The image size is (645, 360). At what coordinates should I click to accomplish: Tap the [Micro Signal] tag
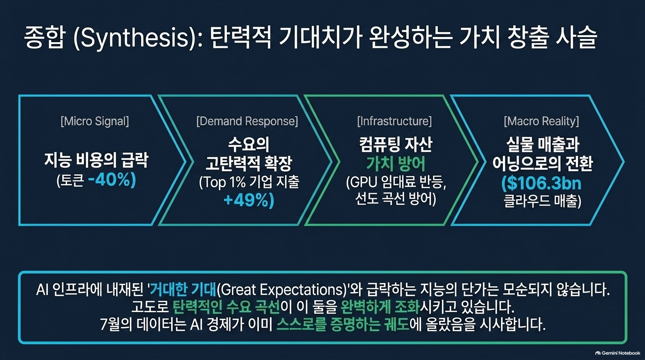tap(95, 121)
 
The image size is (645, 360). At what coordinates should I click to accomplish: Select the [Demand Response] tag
tap(247, 121)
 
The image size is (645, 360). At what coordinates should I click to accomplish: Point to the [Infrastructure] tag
tap(395, 121)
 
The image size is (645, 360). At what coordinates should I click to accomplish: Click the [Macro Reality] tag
tap(541, 121)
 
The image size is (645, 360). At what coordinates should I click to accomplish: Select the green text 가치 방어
tap(396, 164)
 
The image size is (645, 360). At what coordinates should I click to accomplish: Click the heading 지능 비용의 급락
tap(96, 160)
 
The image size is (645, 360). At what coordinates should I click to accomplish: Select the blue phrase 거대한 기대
tap(183, 290)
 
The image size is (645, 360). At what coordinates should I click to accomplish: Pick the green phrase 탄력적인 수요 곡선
tap(226, 307)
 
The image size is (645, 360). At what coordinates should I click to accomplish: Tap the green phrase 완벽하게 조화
tap(380, 307)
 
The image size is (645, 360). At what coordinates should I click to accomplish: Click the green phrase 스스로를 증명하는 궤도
tap(343, 325)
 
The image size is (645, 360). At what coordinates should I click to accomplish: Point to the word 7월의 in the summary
tap(116, 325)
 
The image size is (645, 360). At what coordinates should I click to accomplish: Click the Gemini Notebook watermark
tap(618, 353)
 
